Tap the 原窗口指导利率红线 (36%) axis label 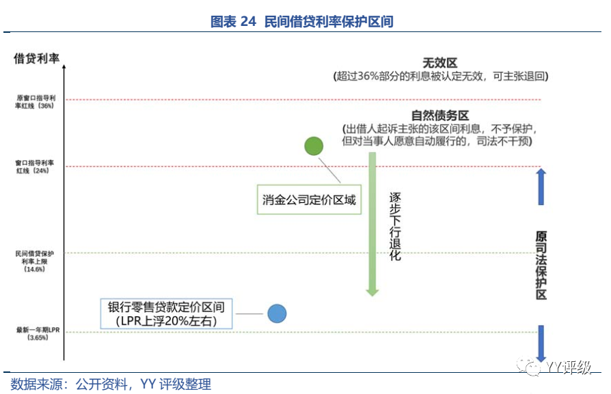click(x=34, y=102)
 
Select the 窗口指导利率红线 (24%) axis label click(x=34, y=168)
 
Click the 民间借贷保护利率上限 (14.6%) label click(x=34, y=261)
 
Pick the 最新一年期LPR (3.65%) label click(x=34, y=333)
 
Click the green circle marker click(x=314, y=145)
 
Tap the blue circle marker click(x=277, y=313)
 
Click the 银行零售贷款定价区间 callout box click(x=166, y=313)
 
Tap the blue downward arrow click(x=541, y=343)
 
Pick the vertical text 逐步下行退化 click(x=395, y=226)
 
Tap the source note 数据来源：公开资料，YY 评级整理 click(x=111, y=384)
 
